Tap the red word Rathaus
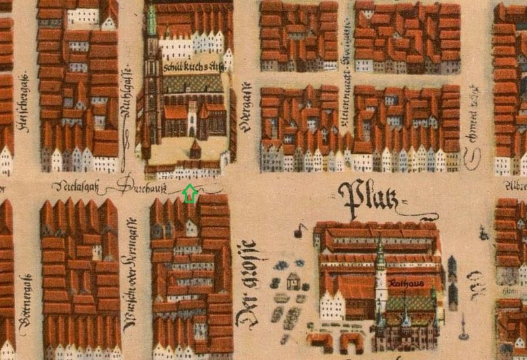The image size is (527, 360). point(406,284)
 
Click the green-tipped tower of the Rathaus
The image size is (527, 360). point(380,251)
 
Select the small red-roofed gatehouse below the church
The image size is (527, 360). point(195,148)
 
